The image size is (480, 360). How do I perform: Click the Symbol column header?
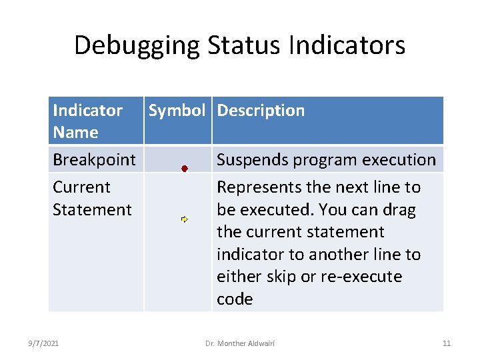pyautogui.click(x=177, y=111)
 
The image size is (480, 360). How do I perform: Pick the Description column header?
pyautogui.click(x=261, y=111)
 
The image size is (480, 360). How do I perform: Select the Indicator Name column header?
pyautogui.click(x=87, y=121)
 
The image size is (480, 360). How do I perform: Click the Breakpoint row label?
pyautogui.click(x=94, y=160)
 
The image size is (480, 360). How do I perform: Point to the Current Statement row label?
pyautogui.click(x=92, y=198)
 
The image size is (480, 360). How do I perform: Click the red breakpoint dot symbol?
pyautogui.click(x=185, y=169)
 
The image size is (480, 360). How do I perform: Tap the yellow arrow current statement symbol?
pyautogui.click(x=185, y=219)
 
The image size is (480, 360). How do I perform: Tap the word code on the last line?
pyautogui.click(x=235, y=299)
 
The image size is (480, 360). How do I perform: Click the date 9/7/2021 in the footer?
pyautogui.click(x=44, y=343)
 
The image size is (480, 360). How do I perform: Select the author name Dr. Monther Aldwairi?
pyautogui.click(x=240, y=343)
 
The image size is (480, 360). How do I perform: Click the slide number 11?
pyautogui.click(x=447, y=343)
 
